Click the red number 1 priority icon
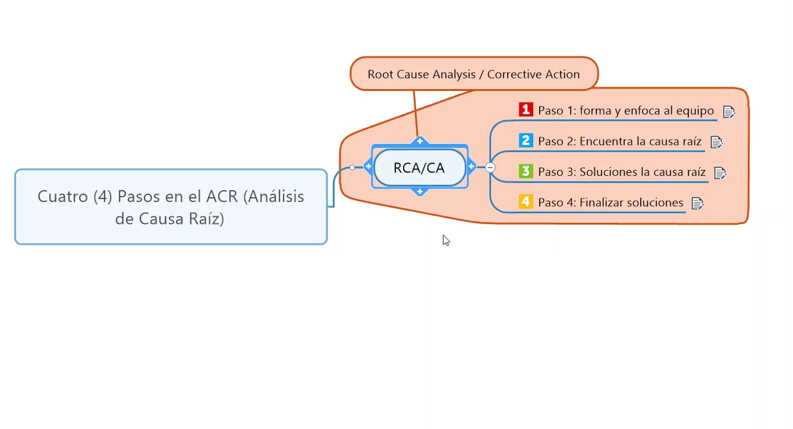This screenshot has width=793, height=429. point(526,110)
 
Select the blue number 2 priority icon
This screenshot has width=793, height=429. point(526,140)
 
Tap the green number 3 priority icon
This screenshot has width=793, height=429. point(526,171)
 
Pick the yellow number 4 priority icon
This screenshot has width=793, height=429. point(526,201)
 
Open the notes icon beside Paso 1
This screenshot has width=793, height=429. point(729,112)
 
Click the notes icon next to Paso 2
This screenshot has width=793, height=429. point(716,142)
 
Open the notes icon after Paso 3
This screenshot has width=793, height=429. point(720,173)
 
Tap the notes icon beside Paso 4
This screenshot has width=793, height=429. point(697,203)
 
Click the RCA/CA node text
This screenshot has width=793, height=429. point(419,168)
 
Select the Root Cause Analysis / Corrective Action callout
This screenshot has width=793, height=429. point(474,74)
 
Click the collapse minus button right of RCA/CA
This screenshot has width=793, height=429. point(490,167)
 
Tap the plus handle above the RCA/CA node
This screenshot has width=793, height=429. point(420,141)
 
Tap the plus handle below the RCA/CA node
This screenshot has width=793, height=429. point(420,192)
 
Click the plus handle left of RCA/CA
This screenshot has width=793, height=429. point(368,166)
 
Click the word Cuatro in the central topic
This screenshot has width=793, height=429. point(62,197)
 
